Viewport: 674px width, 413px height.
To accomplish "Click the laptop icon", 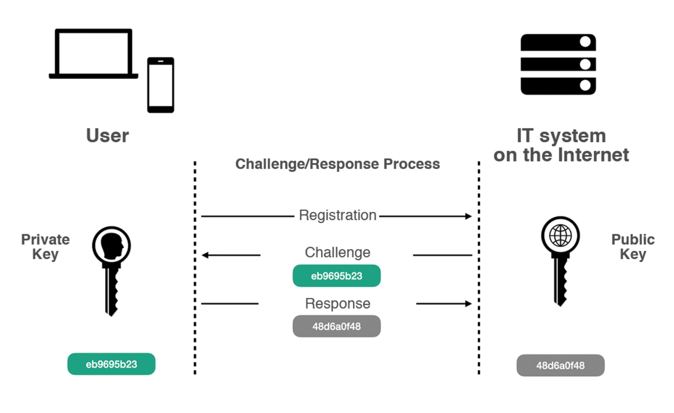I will pos(93,53).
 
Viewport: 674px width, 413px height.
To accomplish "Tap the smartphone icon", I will pos(161,85).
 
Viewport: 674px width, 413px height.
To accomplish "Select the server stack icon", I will pos(558,64).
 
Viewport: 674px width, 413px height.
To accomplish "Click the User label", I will pos(108,136).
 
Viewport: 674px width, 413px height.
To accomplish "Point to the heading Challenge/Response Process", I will pos(337,164).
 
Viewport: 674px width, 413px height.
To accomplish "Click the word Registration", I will pos(337,215).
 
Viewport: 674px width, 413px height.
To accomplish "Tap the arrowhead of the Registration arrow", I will pos(469,216).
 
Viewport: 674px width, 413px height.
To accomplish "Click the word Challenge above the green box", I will pos(337,253).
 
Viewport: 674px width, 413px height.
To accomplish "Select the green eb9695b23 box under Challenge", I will pos(336,276).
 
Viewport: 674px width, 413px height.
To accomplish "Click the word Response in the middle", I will pos(337,304).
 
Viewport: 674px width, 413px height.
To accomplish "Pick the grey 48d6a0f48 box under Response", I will pos(336,326).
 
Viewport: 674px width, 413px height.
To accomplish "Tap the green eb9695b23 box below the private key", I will pos(111,364).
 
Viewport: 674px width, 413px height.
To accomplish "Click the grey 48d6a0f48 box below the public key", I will pos(560,366).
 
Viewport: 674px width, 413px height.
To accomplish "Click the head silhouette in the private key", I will pos(112,245).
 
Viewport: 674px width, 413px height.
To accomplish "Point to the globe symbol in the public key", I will pos(560,236).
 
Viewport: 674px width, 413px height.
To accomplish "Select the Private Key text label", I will pos(45,247).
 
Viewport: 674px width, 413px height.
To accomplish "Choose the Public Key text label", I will pos(633,247).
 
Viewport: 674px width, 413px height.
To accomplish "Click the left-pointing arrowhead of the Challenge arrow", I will pos(205,255).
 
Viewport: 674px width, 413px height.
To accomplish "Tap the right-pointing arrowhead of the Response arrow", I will pos(469,304).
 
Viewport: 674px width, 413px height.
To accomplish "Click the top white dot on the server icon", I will pos(585,42).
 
